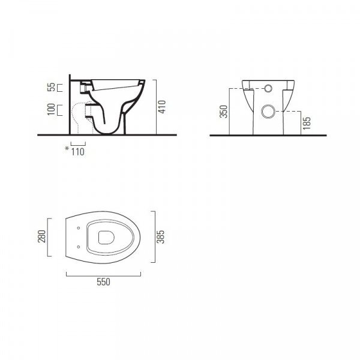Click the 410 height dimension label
[163, 107]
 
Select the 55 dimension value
[52, 87]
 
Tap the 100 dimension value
[52, 109]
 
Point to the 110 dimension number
[78, 152]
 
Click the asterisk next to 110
[67, 149]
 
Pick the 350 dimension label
[223, 112]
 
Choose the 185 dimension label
[307, 123]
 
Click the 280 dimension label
[42, 236]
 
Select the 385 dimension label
[160, 237]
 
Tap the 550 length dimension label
[104, 282]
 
